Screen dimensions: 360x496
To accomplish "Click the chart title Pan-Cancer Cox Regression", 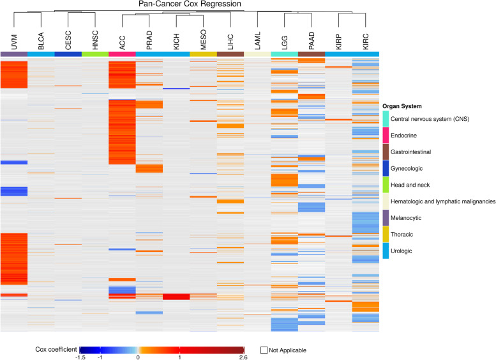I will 190,4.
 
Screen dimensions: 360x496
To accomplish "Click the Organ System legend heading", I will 404,106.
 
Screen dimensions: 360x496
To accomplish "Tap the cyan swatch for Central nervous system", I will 386,118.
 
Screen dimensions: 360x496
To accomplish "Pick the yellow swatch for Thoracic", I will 386,235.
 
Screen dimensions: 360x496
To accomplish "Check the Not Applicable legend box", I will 264,350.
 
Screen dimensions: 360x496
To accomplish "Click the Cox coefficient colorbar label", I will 56,349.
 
